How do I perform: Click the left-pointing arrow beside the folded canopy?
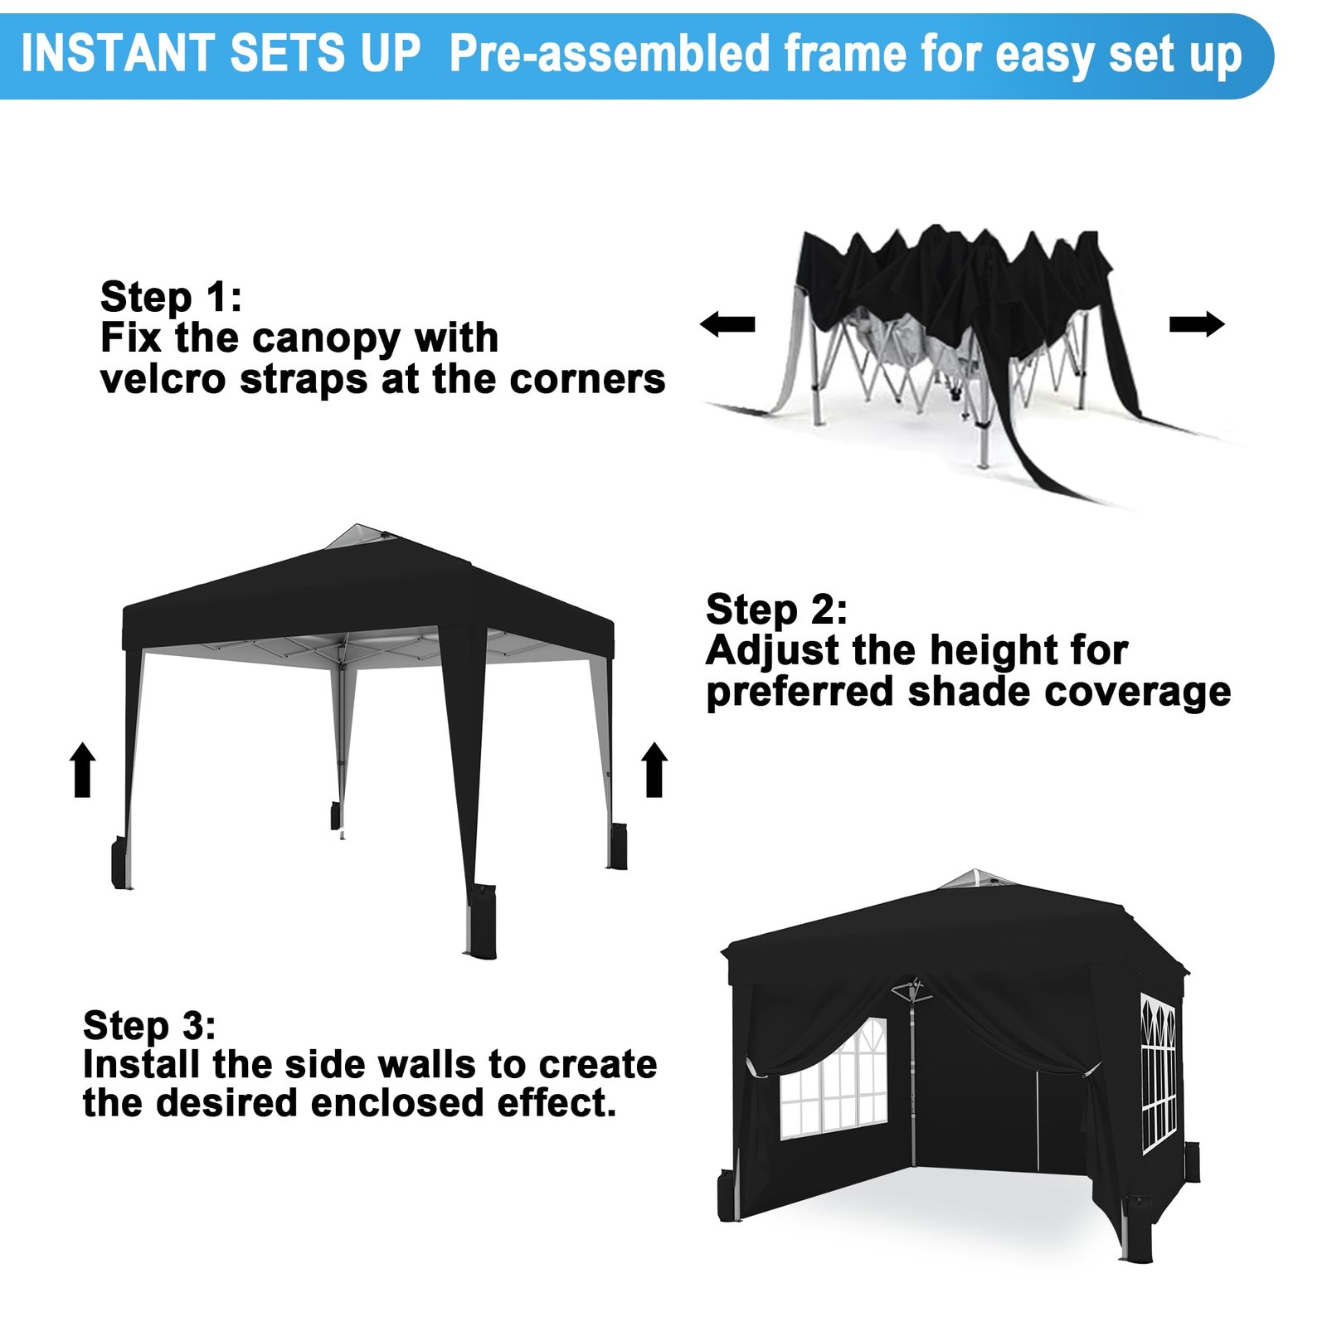click(x=727, y=323)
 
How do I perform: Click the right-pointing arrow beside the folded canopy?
click(x=1197, y=323)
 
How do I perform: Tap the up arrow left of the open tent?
click(x=82, y=770)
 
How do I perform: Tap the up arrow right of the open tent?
click(x=654, y=770)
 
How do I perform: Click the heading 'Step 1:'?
click(x=171, y=298)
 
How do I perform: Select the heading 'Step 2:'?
click(x=776, y=610)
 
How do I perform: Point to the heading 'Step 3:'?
click(x=149, y=1027)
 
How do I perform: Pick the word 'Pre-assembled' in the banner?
click(x=610, y=55)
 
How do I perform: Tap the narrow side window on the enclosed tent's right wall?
click(x=1159, y=1074)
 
